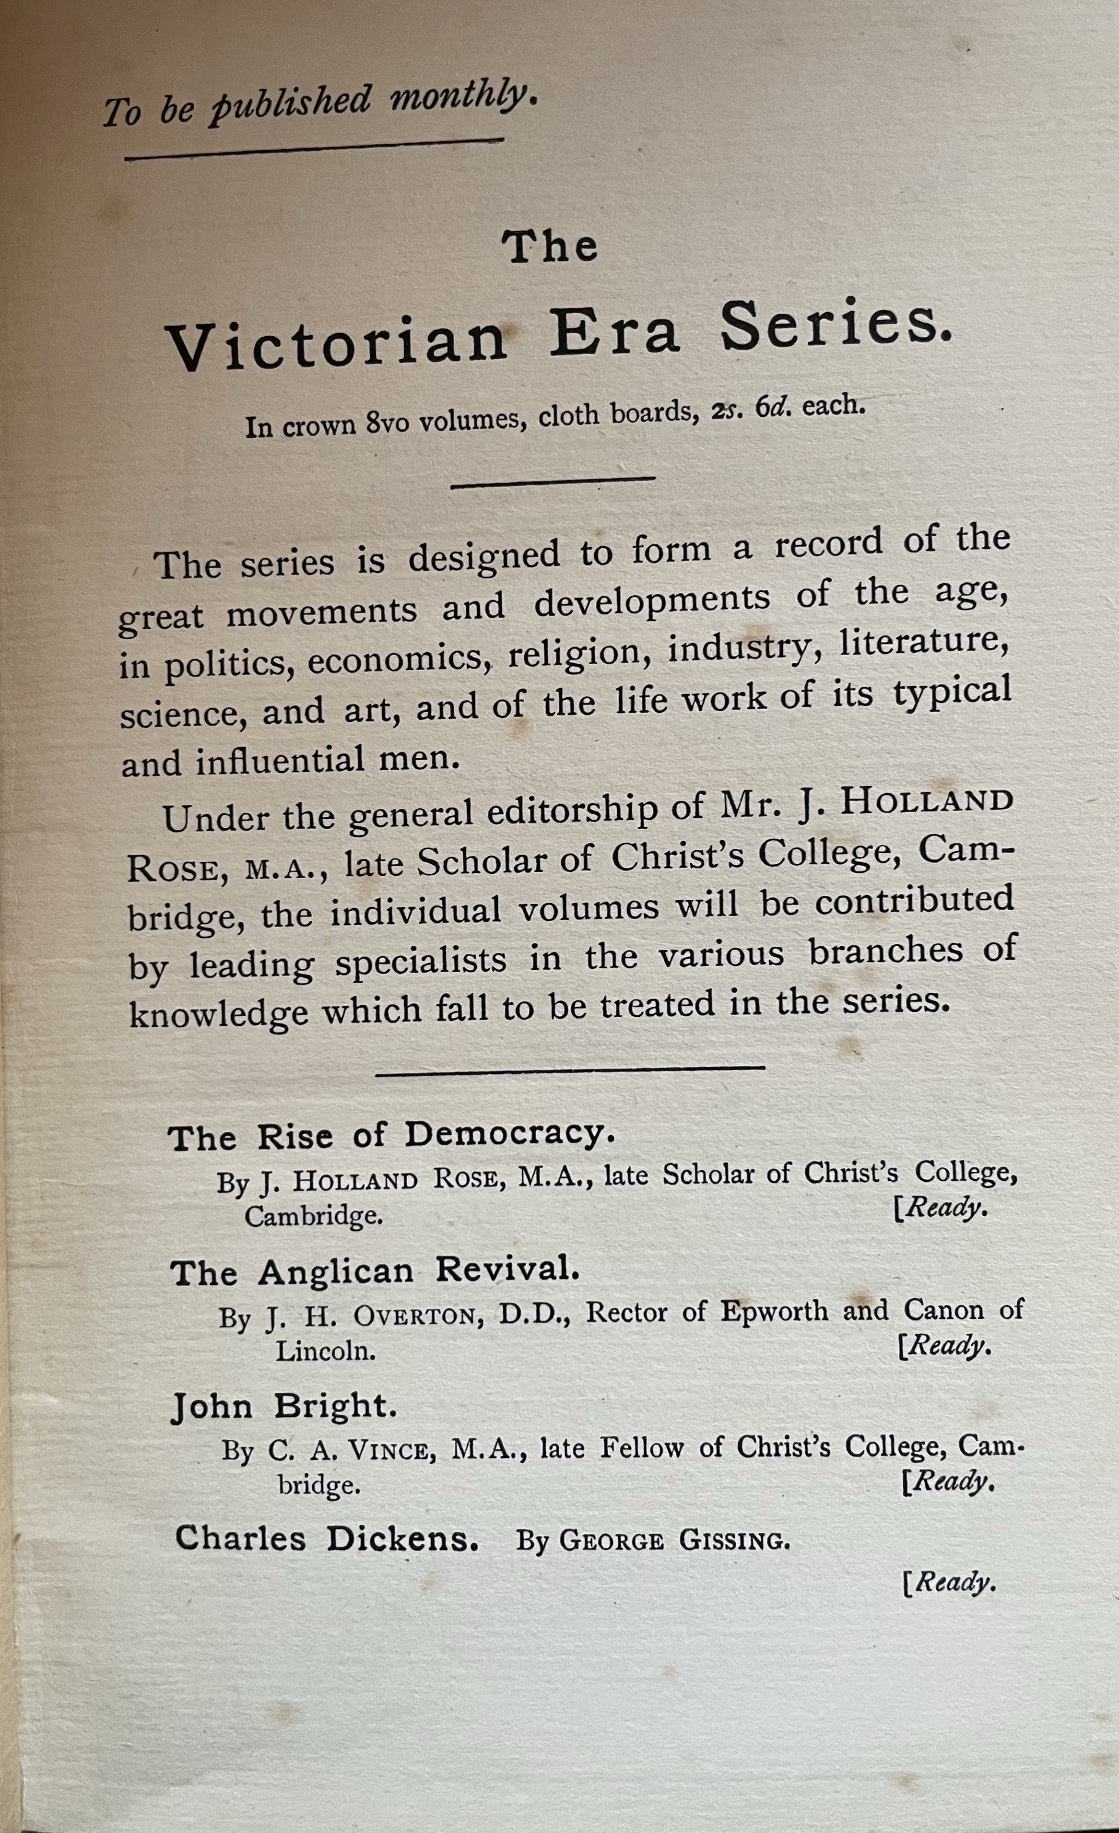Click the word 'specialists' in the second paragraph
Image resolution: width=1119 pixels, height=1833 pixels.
coord(420,961)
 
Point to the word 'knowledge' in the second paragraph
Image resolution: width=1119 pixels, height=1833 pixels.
coord(219,1014)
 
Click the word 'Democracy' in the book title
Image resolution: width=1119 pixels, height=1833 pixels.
coord(510,1134)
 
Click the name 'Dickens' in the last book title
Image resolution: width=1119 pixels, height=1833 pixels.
coord(402,1539)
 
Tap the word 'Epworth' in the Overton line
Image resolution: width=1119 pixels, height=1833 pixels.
coord(774,1311)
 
